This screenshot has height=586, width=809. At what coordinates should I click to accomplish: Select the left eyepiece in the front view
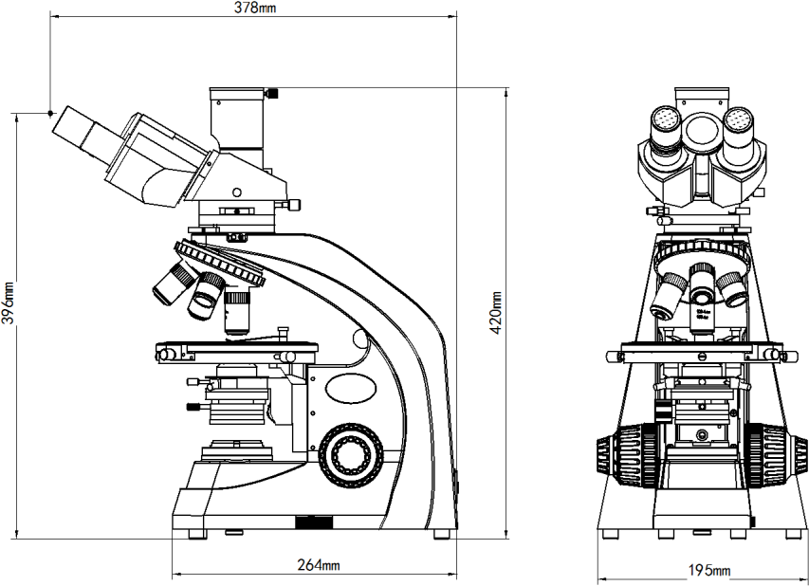[x=664, y=123]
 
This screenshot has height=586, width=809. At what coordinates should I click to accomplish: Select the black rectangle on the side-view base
[x=313, y=522]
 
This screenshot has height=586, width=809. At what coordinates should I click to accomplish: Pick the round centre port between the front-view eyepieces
[x=702, y=130]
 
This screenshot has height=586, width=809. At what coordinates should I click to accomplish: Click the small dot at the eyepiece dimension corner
[x=51, y=112]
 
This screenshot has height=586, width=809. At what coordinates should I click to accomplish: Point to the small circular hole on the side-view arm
[x=359, y=339]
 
